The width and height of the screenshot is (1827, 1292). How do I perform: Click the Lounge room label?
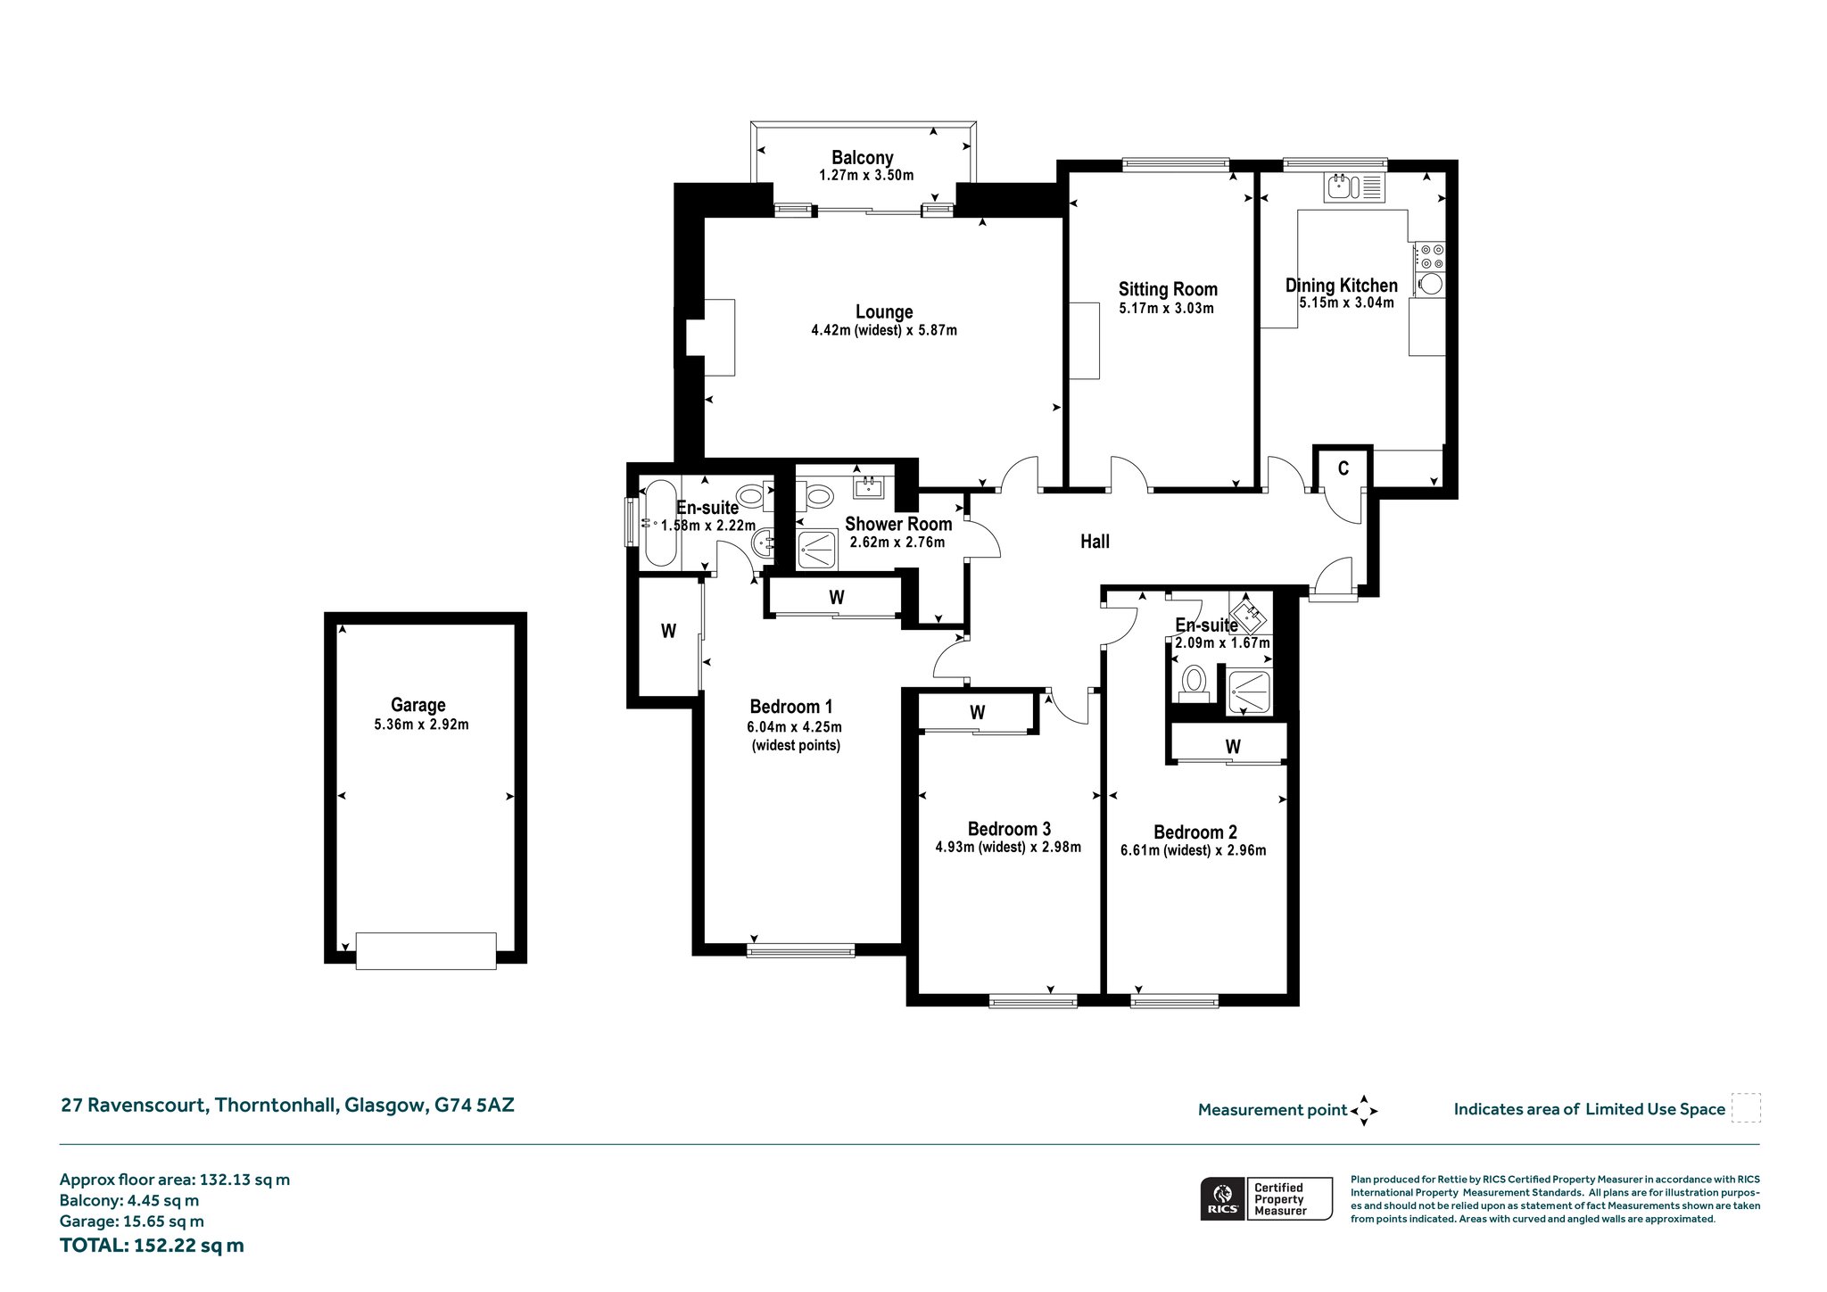tap(884, 312)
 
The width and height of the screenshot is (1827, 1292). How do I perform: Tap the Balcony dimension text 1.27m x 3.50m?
tap(866, 176)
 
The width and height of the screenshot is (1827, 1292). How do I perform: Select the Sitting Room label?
tap(1168, 289)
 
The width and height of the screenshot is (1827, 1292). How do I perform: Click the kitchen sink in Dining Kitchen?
tap(1353, 187)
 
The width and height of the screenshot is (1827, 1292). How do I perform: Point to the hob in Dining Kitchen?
tap(1430, 257)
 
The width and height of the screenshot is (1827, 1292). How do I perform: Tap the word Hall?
tap(1095, 542)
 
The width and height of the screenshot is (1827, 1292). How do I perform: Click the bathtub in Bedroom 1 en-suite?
tap(660, 524)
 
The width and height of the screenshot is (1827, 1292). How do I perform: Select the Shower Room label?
tap(898, 525)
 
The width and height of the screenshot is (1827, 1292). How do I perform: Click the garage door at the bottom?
tap(426, 950)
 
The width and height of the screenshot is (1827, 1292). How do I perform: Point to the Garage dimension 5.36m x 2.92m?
tap(421, 725)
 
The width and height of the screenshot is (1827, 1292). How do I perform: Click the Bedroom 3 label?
tap(1009, 829)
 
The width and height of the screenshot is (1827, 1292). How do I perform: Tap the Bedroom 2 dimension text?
tap(1194, 850)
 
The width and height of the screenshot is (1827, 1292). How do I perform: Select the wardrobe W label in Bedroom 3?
tap(978, 713)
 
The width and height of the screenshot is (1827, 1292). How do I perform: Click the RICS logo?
tap(1222, 1198)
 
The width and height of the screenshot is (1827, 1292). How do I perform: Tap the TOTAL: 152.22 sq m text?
tap(152, 1246)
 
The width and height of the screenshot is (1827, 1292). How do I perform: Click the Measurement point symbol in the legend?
tap(1364, 1111)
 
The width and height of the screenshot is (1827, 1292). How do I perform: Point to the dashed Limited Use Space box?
tap(1746, 1108)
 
